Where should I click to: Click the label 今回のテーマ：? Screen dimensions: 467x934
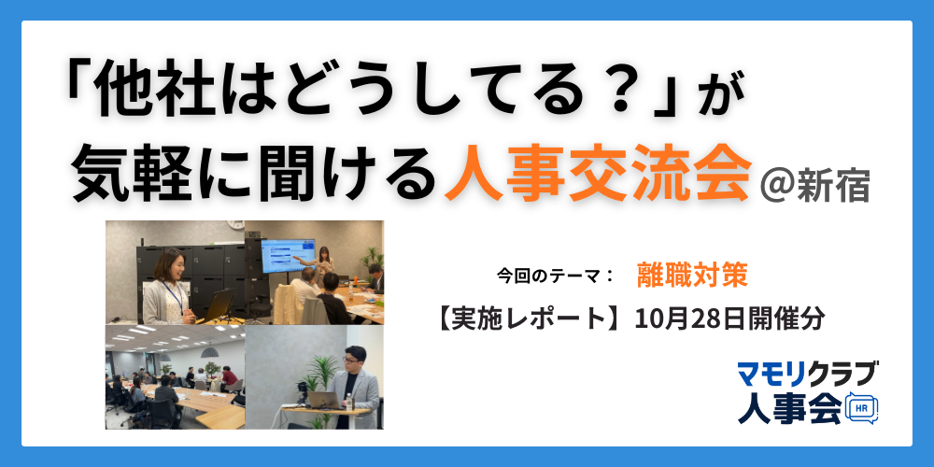(x=554, y=276)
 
